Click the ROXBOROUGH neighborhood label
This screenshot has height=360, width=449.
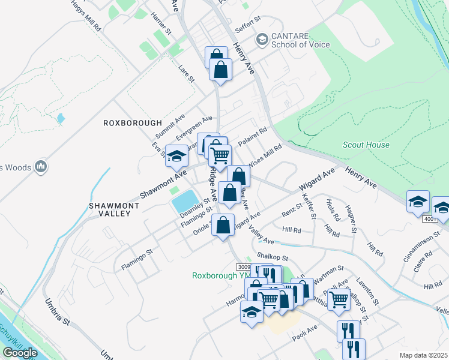click(x=133, y=122)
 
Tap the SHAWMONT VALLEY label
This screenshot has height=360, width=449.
click(x=114, y=209)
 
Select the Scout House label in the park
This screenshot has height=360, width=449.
click(x=366, y=145)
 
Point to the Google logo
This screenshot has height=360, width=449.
click(x=20, y=352)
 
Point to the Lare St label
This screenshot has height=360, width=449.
click(x=187, y=74)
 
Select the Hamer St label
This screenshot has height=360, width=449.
click(x=161, y=23)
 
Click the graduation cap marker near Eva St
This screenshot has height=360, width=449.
click(x=176, y=157)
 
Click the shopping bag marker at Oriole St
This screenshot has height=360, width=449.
click(x=223, y=226)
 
